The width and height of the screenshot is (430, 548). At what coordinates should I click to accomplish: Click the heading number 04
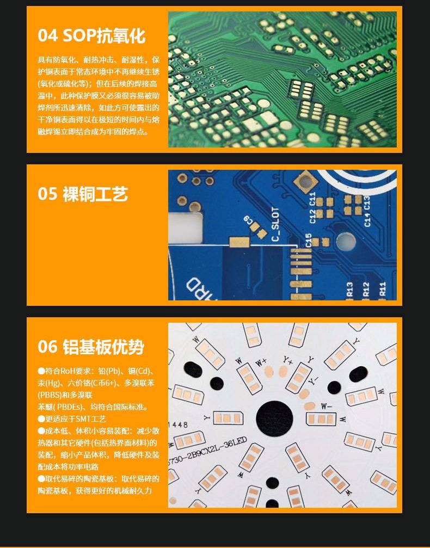click(47, 36)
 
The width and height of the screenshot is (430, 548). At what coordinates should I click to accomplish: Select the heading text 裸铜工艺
click(95, 194)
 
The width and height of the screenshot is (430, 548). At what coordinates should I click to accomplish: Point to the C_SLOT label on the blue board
click(275, 223)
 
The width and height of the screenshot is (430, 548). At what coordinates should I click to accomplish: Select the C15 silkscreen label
click(308, 240)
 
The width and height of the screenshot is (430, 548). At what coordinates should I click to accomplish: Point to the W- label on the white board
click(327, 406)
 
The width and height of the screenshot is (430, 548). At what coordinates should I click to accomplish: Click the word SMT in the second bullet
click(85, 419)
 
